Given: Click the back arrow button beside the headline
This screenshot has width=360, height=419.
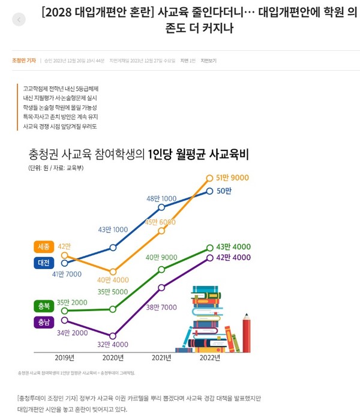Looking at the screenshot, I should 19,20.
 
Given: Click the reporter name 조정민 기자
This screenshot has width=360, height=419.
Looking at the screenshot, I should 24,61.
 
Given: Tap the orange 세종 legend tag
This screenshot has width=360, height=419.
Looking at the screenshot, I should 44,246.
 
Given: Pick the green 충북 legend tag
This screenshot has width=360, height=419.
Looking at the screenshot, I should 44,306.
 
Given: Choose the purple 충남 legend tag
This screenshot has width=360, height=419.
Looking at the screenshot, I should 44,322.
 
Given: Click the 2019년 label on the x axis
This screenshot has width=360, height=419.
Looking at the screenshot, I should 64,358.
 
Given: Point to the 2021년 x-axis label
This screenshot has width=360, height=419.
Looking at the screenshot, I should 161,358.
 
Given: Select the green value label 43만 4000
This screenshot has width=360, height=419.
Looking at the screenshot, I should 233,247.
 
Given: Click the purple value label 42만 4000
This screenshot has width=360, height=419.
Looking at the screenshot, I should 233,258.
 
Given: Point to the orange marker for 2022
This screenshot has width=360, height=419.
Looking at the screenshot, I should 209,177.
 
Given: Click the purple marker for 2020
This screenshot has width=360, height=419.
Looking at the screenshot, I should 113,336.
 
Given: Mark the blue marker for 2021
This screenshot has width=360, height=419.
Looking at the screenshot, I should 161,207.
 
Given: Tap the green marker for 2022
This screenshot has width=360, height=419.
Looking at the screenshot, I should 209,247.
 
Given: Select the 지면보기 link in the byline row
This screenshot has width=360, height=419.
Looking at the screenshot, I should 209,61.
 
